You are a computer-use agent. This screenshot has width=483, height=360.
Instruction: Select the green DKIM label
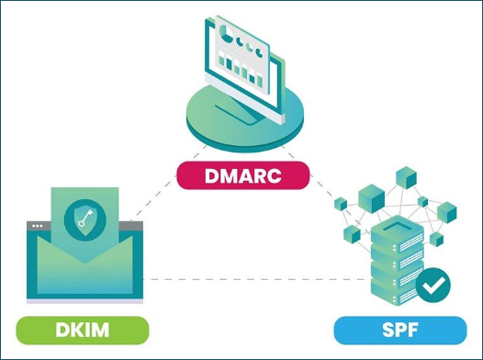[x=82, y=329]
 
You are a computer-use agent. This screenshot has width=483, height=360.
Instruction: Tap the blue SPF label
[x=399, y=329]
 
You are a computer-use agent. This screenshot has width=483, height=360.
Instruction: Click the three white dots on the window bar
[x=38, y=225]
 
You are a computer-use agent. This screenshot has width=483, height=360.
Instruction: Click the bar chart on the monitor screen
[x=238, y=69]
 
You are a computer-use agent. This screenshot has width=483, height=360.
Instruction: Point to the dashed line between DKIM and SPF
[x=239, y=278]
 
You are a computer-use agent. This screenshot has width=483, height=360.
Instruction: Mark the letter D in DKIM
[x=61, y=329]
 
